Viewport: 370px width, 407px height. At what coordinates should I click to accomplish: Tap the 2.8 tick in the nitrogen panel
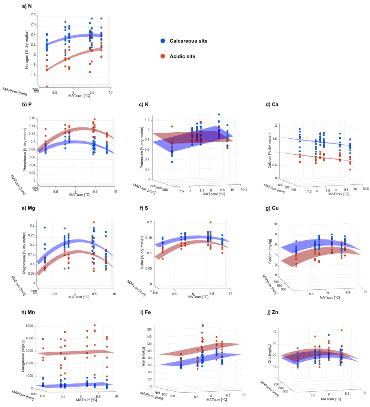(x=33, y=14)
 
